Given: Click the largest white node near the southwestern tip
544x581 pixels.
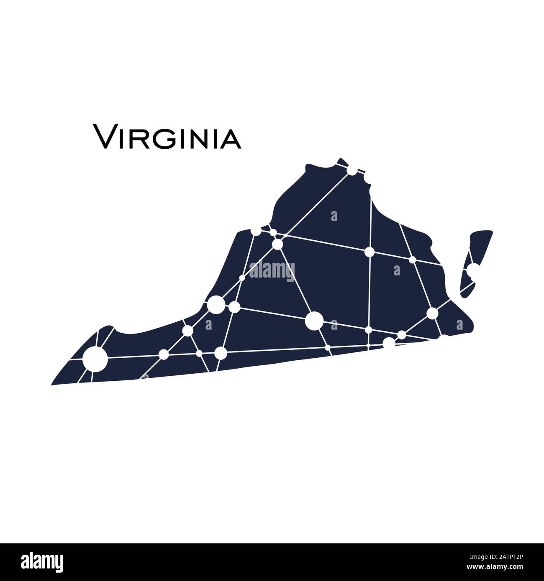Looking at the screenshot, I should [95, 359].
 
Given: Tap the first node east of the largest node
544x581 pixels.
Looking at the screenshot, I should [369, 330].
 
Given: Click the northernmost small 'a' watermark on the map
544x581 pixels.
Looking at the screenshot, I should [334, 216].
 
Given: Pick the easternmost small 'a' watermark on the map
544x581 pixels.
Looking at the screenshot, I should [460, 324].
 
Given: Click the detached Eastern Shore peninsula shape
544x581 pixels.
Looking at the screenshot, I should [477, 259].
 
